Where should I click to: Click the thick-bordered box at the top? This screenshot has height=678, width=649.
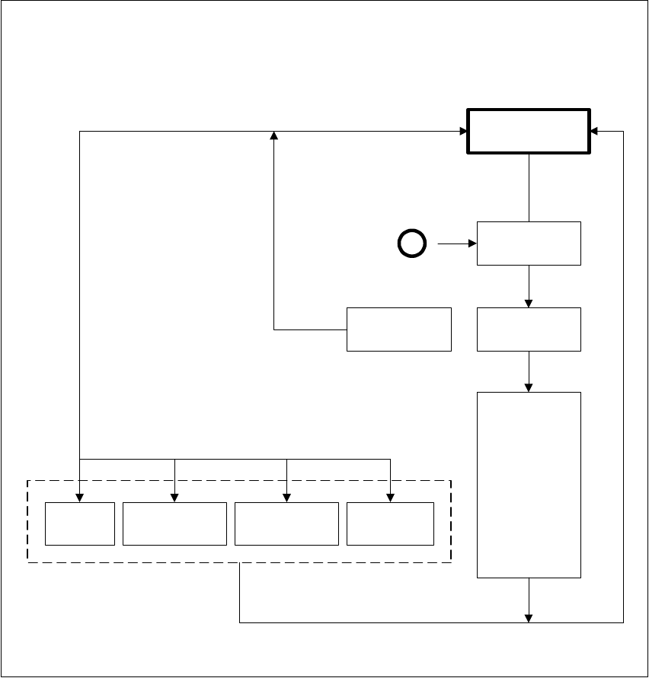pyautogui.click(x=528, y=131)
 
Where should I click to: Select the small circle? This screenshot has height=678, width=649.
pyautogui.click(x=411, y=244)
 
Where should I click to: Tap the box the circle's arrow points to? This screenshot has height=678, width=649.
pyautogui.click(x=529, y=244)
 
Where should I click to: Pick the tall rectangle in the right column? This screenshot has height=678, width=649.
pyautogui.click(x=529, y=485)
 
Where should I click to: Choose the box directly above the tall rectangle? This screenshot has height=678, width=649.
pyautogui.click(x=529, y=329)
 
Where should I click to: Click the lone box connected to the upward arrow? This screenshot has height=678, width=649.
pyautogui.click(x=398, y=329)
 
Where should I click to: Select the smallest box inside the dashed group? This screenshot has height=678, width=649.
pyautogui.click(x=80, y=524)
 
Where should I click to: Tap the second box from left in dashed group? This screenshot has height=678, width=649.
pyautogui.click(x=174, y=524)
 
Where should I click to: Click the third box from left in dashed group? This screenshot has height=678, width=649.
pyautogui.click(x=286, y=524)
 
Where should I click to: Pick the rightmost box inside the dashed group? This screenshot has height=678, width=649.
pyautogui.click(x=390, y=524)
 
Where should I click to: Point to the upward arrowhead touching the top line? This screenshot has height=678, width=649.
pyautogui.click(x=274, y=135)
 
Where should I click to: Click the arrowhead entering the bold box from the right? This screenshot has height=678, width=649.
pyautogui.click(x=595, y=131)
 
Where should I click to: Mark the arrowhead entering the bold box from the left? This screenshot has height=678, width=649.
pyautogui.click(x=462, y=131)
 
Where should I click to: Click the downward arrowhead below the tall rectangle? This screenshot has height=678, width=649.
pyautogui.click(x=529, y=618)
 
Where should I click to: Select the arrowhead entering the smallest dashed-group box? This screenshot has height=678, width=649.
pyautogui.click(x=80, y=498)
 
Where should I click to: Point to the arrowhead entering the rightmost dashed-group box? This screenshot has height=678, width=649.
pyautogui.click(x=390, y=498)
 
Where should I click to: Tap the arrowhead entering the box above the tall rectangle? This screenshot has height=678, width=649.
pyautogui.click(x=529, y=303)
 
